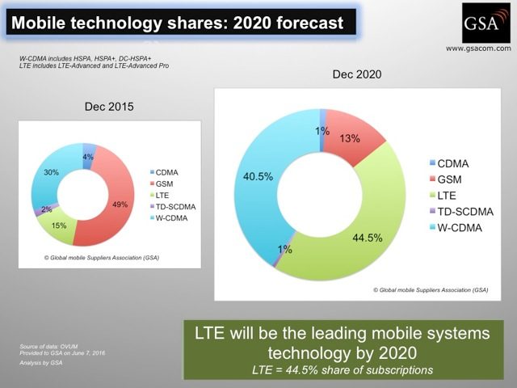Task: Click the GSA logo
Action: [x=486, y=23]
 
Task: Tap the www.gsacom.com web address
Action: [x=478, y=48]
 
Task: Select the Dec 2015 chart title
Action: [x=109, y=107]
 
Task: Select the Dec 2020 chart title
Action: [x=357, y=74]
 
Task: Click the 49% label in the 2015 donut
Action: [x=120, y=205]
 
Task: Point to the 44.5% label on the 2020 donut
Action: [x=368, y=238]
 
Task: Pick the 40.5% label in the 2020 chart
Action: [x=258, y=177]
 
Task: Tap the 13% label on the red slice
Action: [x=350, y=138]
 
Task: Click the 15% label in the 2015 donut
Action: [x=59, y=226]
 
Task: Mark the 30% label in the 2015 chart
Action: [x=51, y=172]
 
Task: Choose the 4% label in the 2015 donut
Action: [x=88, y=157]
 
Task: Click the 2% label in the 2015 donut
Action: [x=47, y=209]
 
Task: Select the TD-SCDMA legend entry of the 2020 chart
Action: [x=461, y=212]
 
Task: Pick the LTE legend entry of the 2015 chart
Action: [x=160, y=196]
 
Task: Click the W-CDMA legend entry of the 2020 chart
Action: [x=456, y=228]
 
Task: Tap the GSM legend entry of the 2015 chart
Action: [x=162, y=183]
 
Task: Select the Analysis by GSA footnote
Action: [x=41, y=363]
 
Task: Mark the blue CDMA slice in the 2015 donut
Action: [x=87, y=155]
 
